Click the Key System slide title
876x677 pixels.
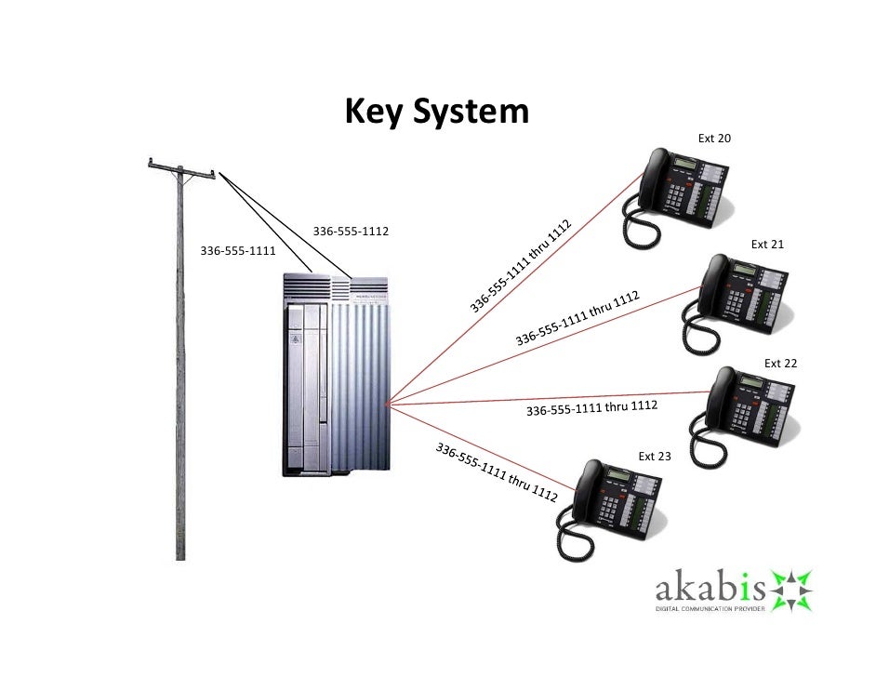pos(436,113)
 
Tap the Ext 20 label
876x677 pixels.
pos(714,139)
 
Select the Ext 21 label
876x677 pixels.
pos(767,245)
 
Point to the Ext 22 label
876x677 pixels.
pos(780,363)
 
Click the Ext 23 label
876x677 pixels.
pos(654,457)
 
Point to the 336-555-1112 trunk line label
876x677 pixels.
pos(350,231)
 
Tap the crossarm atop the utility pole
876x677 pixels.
pos(182,168)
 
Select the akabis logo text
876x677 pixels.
pos(710,591)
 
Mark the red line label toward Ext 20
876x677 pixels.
pos(519,267)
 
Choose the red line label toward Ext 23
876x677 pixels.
pos(497,472)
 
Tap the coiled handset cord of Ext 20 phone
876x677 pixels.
pos(640,229)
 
